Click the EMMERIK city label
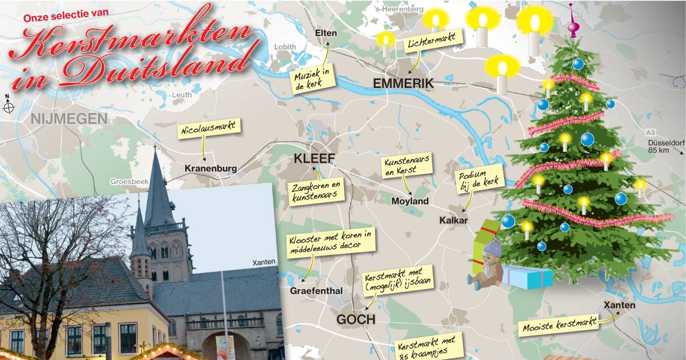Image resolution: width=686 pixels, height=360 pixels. pyautogui.click(x=404, y=83)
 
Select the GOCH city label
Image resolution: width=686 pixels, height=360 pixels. pyautogui.click(x=356, y=319)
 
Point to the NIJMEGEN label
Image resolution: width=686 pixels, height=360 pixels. pyautogui.click(x=70, y=119)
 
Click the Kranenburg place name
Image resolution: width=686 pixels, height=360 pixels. pyautogui.click(x=210, y=169)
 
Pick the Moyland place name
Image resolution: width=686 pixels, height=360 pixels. pyautogui.click(x=410, y=201)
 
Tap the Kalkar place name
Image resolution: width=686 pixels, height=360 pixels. pyautogui.click(x=454, y=221)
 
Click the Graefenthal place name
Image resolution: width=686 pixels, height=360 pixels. pyautogui.click(x=317, y=291)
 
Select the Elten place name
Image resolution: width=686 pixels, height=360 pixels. pyautogui.click(x=326, y=33)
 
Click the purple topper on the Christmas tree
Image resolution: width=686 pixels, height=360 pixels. pyautogui.click(x=571, y=22)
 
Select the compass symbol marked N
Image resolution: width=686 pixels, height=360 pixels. pyautogui.click(x=9, y=106)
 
